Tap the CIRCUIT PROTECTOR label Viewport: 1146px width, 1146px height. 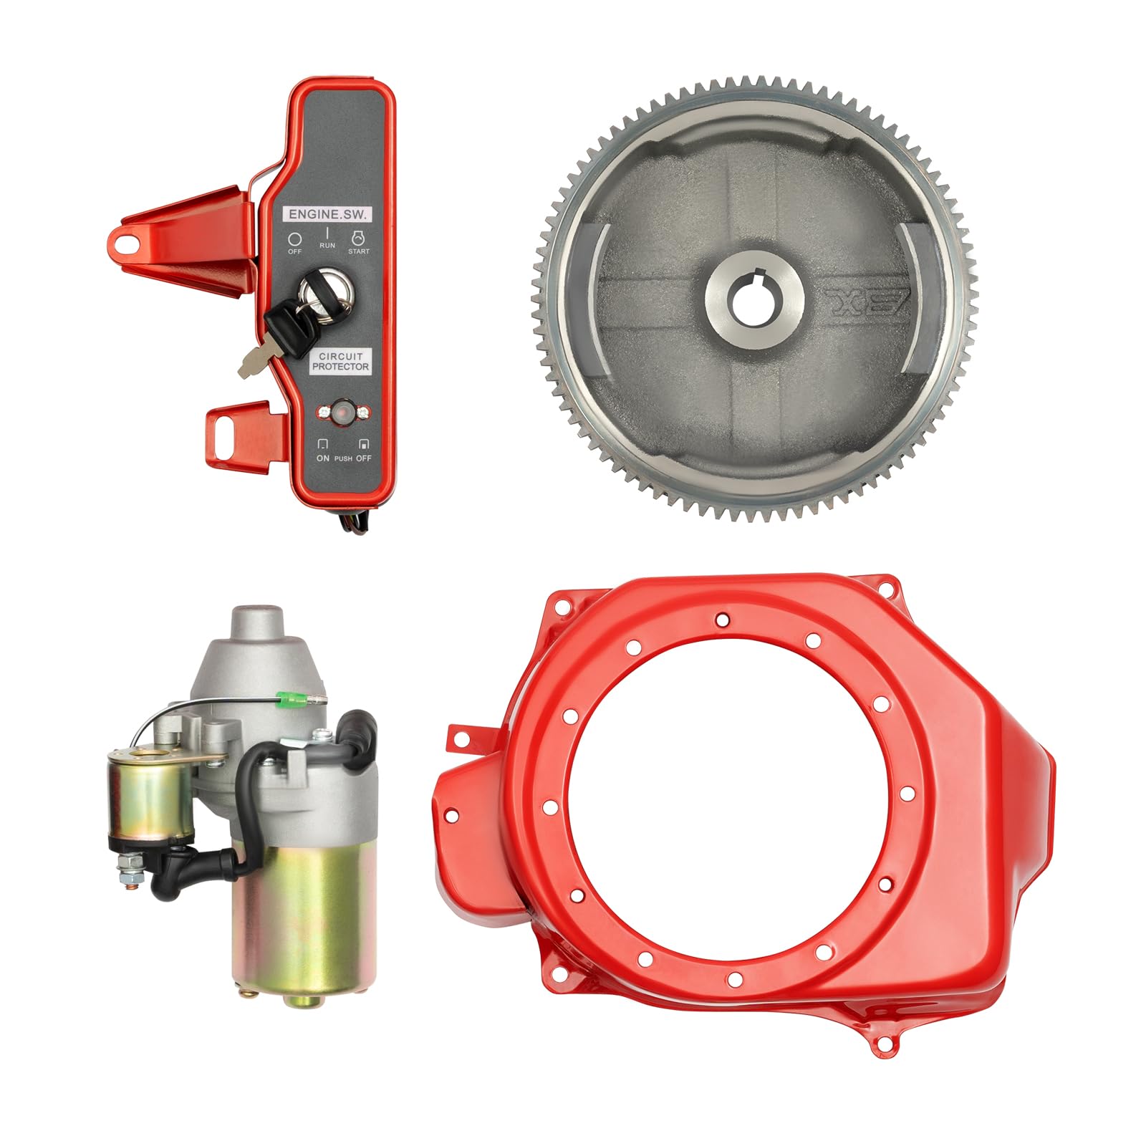click(341, 361)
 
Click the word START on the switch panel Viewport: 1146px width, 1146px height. click(359, 251)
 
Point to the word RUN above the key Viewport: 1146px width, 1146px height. click(327, 246)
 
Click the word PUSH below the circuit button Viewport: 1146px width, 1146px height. click(343, 458)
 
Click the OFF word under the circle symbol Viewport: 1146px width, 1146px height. click(295, 251)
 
